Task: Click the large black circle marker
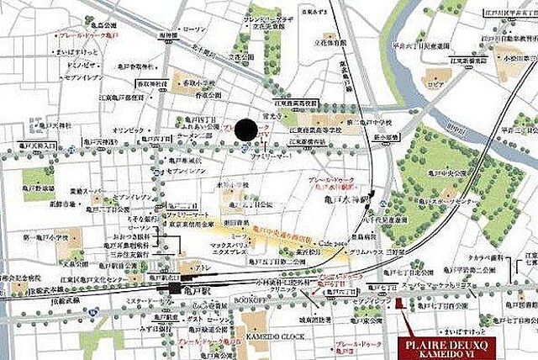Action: click(245, 130)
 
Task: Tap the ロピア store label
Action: click(435, 85)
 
